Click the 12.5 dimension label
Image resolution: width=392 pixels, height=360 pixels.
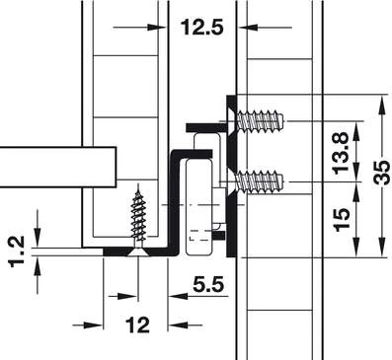201,27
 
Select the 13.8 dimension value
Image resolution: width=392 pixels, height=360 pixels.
341,153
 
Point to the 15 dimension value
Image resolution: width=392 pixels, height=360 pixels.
341,219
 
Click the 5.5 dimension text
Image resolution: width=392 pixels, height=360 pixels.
208,284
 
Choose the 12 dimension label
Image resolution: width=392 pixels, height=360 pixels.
137,324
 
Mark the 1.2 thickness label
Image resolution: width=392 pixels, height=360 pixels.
17,252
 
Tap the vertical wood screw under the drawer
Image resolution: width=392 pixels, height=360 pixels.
139,220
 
